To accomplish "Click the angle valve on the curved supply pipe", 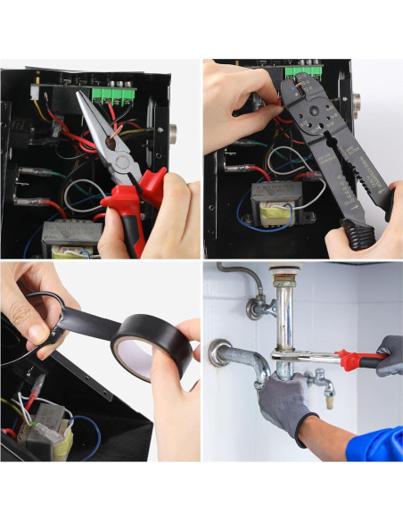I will [259, 308].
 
